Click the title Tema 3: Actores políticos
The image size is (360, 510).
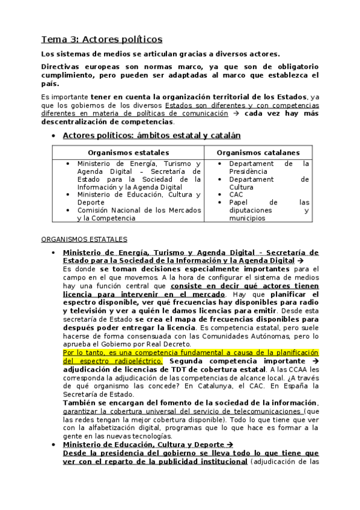click(101, 40)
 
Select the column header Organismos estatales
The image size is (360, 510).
click(128, 153)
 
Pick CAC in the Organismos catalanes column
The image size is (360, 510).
click(237, 195)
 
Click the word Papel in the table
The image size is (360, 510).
click(239, 203)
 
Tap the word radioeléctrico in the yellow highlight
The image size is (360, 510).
click(136, 360)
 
